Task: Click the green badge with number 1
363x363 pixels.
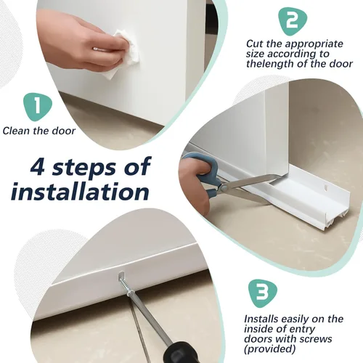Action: point(38,107)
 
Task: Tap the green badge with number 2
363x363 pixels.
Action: point(292,21)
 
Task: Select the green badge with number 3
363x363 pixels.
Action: point(263,293)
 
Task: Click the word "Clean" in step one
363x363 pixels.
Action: point(17,131)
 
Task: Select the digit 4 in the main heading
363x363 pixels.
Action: point(38,167)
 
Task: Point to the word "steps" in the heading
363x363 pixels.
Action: point(83,169)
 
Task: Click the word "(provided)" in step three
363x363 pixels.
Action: point(270,349)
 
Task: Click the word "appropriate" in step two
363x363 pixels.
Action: point(314,45)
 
